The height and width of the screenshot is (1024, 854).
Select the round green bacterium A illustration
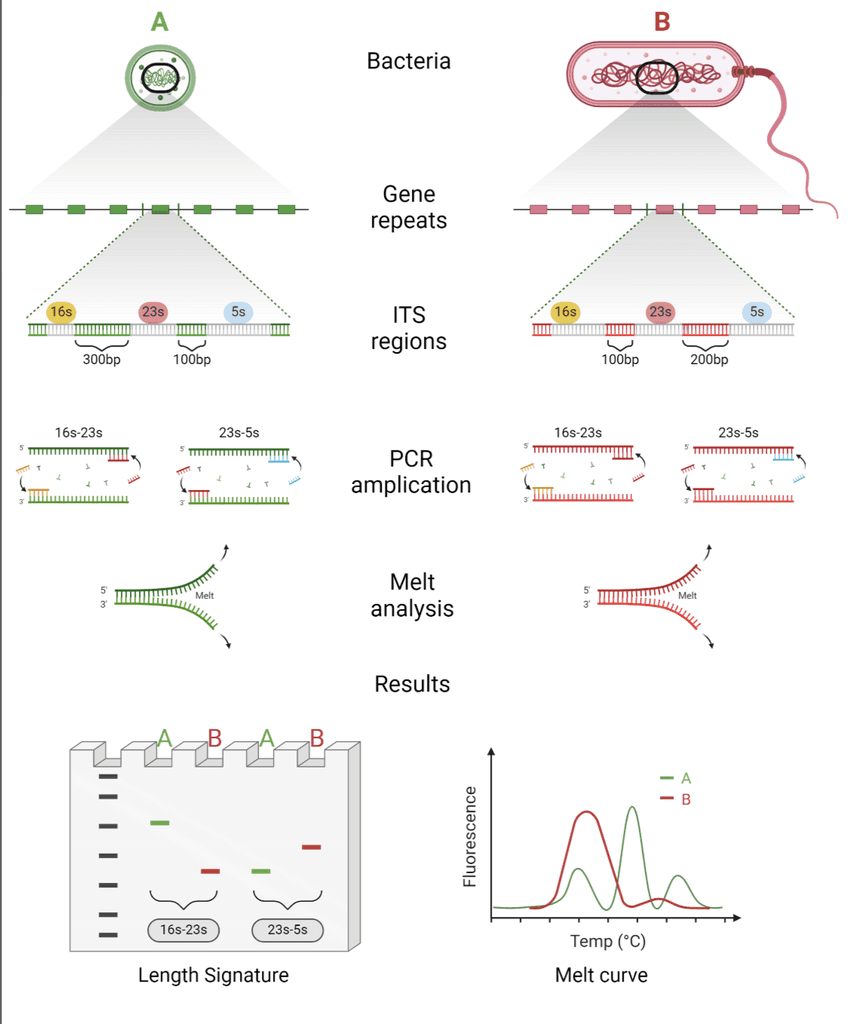point(157,77)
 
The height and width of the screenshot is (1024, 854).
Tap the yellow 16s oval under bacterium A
point(62,312)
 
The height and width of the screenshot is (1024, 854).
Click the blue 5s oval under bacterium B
point(757,312)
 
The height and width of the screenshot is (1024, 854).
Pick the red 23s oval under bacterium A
point(152,312)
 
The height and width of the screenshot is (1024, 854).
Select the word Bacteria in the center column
point(409,61)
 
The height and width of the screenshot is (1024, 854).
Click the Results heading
point(412,685)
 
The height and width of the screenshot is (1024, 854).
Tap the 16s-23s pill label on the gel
point(184,930)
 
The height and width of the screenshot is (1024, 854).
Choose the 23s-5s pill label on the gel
point(287,930)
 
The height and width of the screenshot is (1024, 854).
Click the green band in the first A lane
point(160,822)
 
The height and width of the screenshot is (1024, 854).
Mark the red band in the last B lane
point(311,847)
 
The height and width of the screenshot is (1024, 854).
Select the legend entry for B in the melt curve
point(675,799)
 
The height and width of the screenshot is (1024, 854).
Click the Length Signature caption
point(213,975)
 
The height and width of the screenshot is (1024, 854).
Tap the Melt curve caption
point(601,975)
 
